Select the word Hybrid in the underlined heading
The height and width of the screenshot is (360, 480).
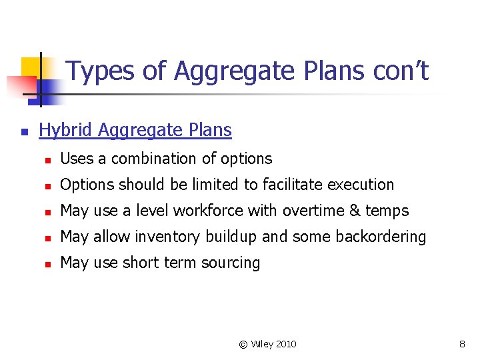pos(65,130)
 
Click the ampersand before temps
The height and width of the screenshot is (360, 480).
pos(353,211)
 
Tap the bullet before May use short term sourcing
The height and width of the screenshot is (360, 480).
pos(47,263)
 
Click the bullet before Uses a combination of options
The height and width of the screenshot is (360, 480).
pos(47,159)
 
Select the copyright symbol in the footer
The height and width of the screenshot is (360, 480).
pos(243,345)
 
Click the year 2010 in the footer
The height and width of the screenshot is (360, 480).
pos(285,345)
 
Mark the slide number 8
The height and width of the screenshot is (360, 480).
pos(462,345)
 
